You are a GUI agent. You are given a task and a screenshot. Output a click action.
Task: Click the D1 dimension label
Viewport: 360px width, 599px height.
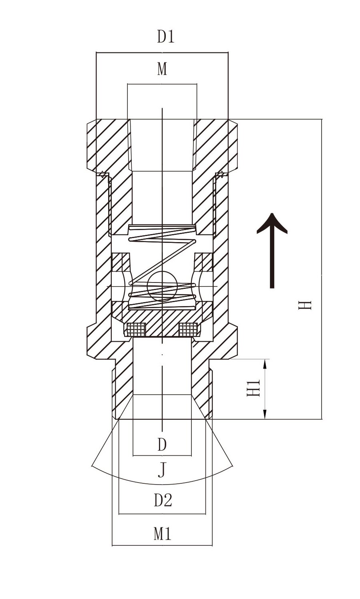click(x=165, y=37)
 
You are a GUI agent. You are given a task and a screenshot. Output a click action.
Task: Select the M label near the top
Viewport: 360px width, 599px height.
click(x=162, y=69)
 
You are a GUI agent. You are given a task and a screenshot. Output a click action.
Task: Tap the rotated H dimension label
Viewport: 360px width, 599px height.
click(x=305, y=305)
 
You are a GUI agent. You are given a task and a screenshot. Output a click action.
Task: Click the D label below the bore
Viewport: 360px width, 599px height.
click(x=162, y=445)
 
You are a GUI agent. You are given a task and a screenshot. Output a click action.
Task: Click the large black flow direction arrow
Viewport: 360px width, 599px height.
click(x=272, y=250)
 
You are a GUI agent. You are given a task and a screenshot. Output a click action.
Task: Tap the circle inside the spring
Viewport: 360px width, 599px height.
click(x=162, y=286)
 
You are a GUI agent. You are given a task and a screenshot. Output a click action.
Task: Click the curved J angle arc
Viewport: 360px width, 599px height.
click(x=162, y=484)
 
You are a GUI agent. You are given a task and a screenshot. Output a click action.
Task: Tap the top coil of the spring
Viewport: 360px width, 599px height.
click(x=162, y=227)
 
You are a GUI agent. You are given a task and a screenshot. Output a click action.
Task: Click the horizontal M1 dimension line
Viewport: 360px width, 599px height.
click(x=162, y=545)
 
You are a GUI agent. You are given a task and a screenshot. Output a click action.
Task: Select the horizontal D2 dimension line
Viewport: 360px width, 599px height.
click(x=162, y=513)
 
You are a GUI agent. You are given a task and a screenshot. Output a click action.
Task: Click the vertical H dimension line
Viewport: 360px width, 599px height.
click(x=322, y=269)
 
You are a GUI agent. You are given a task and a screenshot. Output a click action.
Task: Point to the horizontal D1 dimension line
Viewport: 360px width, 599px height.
click(x=162, y=53)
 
